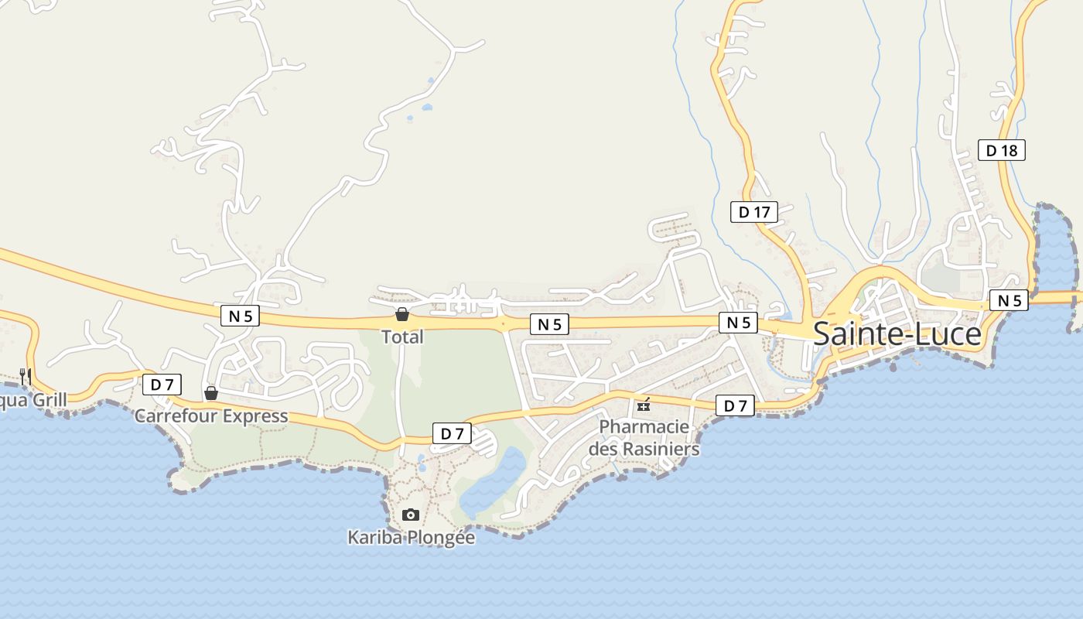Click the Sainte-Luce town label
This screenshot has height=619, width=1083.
coord(897,334)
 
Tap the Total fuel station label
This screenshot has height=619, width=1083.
coord(402,337)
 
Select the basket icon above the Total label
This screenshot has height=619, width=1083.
coord(402,314)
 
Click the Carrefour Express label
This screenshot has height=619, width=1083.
coord(211,416)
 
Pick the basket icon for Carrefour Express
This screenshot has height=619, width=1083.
coord(210,394)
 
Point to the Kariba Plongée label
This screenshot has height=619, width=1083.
coord(411,537)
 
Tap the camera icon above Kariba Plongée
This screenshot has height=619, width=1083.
coord(411,515)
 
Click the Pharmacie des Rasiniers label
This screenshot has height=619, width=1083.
coord(644,437)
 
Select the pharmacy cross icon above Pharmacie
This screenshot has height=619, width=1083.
coord(644,405)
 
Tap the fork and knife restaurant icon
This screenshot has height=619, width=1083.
coord(26,377)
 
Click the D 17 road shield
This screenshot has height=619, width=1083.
coord(753,211)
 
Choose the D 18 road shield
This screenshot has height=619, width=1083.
coord(1001,150)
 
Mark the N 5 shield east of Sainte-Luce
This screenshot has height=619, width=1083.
coord(1009,300)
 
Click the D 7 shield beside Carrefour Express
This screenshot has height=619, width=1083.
coord(162,384)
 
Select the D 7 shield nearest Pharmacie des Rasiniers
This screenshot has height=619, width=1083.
coord(734,405)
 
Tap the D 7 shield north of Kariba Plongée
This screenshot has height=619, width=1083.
coord(451,433)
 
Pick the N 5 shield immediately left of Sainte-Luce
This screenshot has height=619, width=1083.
coord(738,323)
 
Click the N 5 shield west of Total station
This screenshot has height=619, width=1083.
coord(240,316)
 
